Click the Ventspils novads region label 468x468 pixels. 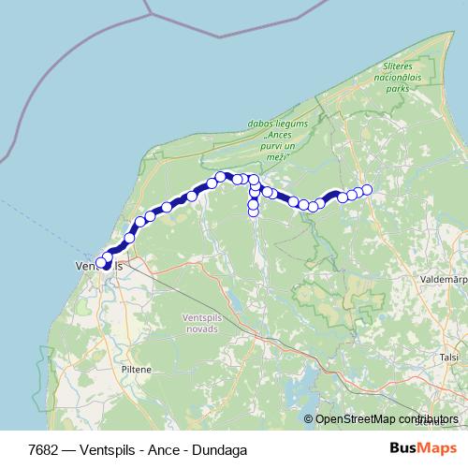(x=201, y=323)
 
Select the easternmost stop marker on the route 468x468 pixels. (x=367, y=190)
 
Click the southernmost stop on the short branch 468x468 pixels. (x=253, y=212)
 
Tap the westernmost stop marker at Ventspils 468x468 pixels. (x=101, y=263)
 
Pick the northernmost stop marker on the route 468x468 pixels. (x=221, y=176)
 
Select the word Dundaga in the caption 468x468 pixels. (x=223, y=449)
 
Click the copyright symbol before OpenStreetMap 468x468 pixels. (x=310, y=419)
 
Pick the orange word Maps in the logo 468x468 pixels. (x=437, y=449)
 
